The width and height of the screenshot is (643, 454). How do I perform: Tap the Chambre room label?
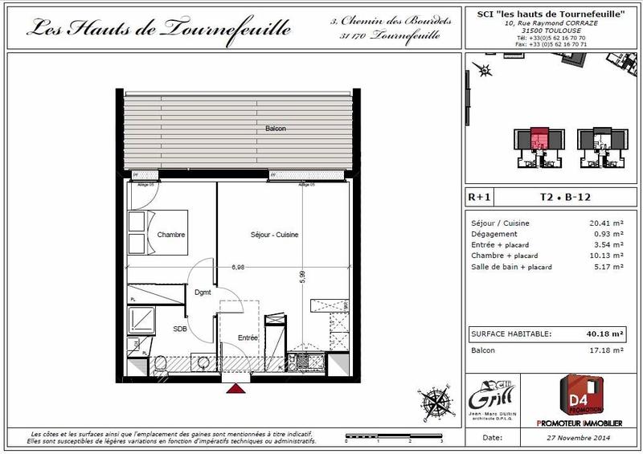tap(171, 235)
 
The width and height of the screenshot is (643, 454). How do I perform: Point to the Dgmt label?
tap(203, 292)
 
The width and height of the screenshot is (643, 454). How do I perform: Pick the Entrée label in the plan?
tap(247, 338)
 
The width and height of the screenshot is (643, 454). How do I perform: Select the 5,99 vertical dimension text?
tap(302, 276)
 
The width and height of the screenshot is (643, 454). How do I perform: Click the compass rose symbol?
tap(430, 399)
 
